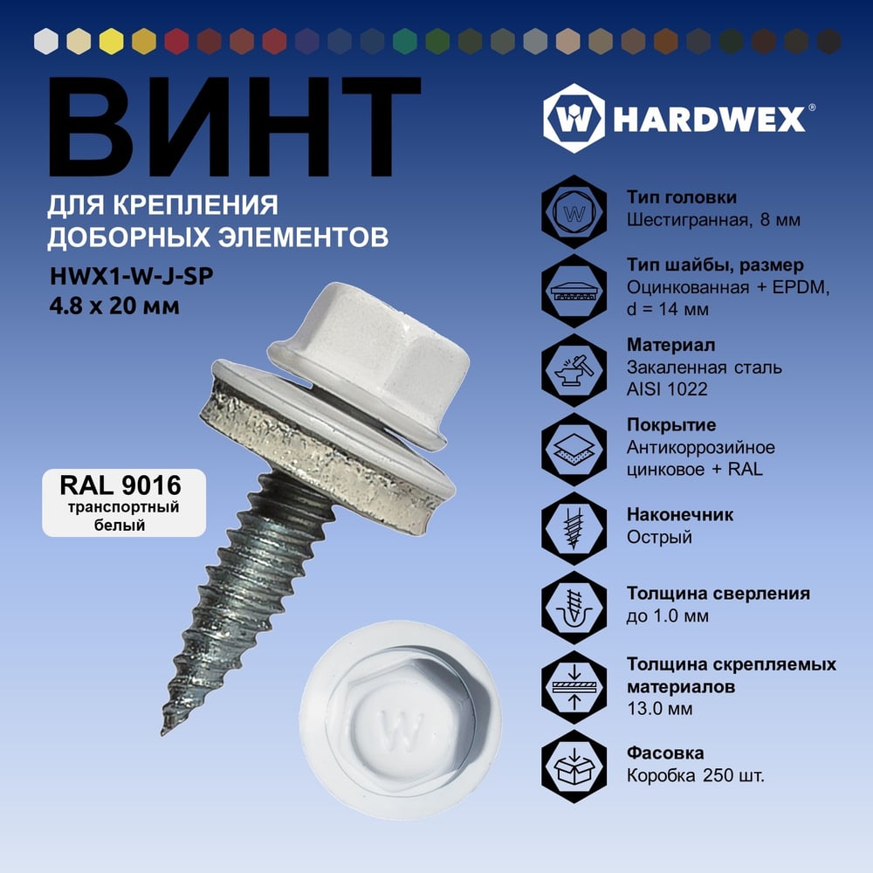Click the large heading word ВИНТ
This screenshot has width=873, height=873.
pos(234,127)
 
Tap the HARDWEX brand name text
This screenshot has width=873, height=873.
pos(710,119)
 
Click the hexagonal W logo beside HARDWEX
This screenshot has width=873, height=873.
pos(574,118)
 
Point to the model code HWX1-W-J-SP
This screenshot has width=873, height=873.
pos(132,276)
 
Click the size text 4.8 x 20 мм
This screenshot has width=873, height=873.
pos(114,306)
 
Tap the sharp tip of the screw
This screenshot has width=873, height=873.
pos(163,732)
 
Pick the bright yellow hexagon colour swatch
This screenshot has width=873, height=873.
pos(112,41)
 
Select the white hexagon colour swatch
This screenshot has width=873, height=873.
pos(46,41)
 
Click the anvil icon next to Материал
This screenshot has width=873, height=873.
pos(574,370)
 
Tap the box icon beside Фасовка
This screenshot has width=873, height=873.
pos(574,766)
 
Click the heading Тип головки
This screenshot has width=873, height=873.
pos(682,197)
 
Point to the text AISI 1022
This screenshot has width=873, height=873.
pos(667,388)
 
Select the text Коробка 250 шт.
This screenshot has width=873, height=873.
pos(696,775)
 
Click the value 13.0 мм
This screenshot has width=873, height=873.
pos(660,709)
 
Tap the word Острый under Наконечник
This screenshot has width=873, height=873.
pos(659,537)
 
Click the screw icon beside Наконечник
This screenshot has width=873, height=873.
pos(574,528)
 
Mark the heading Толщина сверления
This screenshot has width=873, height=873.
pos(718,594)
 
